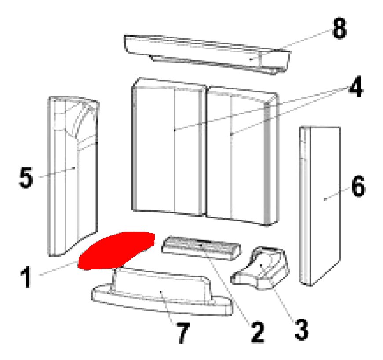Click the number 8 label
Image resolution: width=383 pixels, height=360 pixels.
(339, 29)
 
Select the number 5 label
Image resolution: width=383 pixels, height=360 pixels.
(26, 177)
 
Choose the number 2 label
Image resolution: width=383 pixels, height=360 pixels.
(257, 333)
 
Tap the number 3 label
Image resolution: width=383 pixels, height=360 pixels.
(302, 330)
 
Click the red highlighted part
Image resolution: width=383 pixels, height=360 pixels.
(116, 250)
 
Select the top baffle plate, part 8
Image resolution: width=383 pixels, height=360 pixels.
(208, 54)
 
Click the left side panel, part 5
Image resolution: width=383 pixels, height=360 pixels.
(73, 176)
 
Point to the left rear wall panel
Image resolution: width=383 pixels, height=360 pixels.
(168, 147)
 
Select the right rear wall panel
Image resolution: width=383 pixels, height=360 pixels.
(242, 156)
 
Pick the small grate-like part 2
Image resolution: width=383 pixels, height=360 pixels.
(201, 248)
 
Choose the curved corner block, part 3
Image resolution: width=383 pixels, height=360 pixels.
(261, 268)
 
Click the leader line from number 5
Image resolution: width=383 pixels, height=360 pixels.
(57, 172)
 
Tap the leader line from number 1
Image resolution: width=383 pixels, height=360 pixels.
(58, 268)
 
